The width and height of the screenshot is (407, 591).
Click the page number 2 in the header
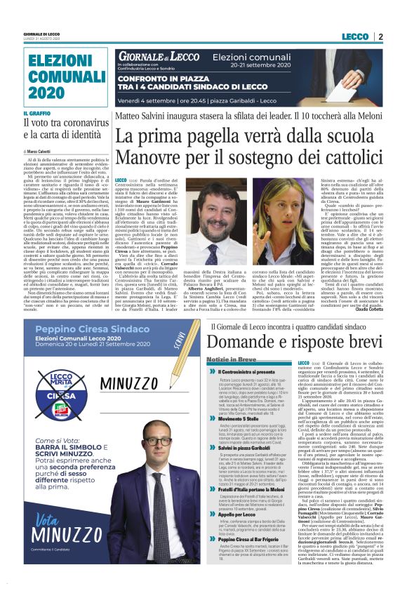[380, 36]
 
